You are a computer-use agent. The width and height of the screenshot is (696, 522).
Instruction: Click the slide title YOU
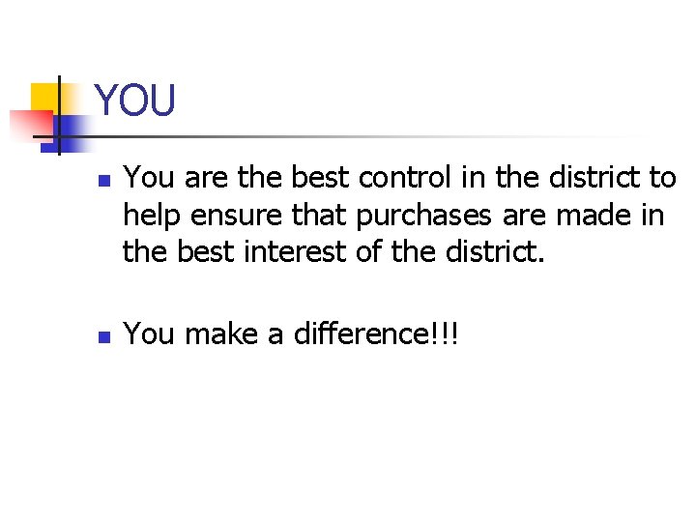(135, 101)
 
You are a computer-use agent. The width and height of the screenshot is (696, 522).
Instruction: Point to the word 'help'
(146, 215)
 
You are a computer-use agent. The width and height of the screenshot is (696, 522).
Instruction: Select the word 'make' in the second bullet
(215, 334)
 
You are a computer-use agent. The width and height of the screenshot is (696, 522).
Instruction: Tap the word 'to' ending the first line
(662, 179)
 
